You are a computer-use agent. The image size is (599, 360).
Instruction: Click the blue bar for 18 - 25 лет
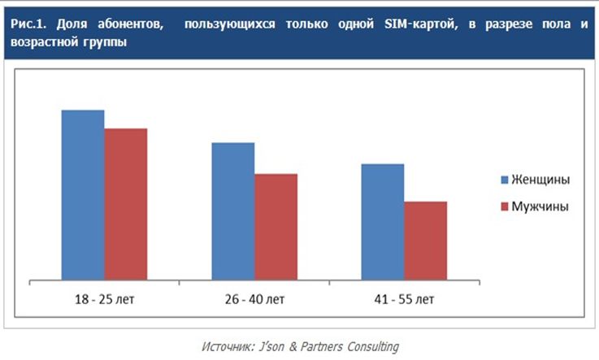pyautogui.click(x=83, y=195)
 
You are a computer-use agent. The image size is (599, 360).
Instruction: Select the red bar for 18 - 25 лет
pyautogui.click(x=126, y=204)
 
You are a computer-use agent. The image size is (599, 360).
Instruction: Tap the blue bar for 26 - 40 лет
pyautogui.click(x=233, y=211)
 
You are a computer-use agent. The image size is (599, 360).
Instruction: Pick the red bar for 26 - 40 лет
pyautogui.click(x=276, y=227)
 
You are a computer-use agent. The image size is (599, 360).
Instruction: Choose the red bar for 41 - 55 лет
pyautogui.click(x=426, y=241)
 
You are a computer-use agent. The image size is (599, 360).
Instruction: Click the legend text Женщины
pyautogui.click(x=540, y=179)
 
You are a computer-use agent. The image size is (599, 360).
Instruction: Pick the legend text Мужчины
pyautogui.click(x=539, y=206)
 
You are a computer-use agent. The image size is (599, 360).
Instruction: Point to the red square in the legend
pyautogui.click(x=503, y=206)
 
